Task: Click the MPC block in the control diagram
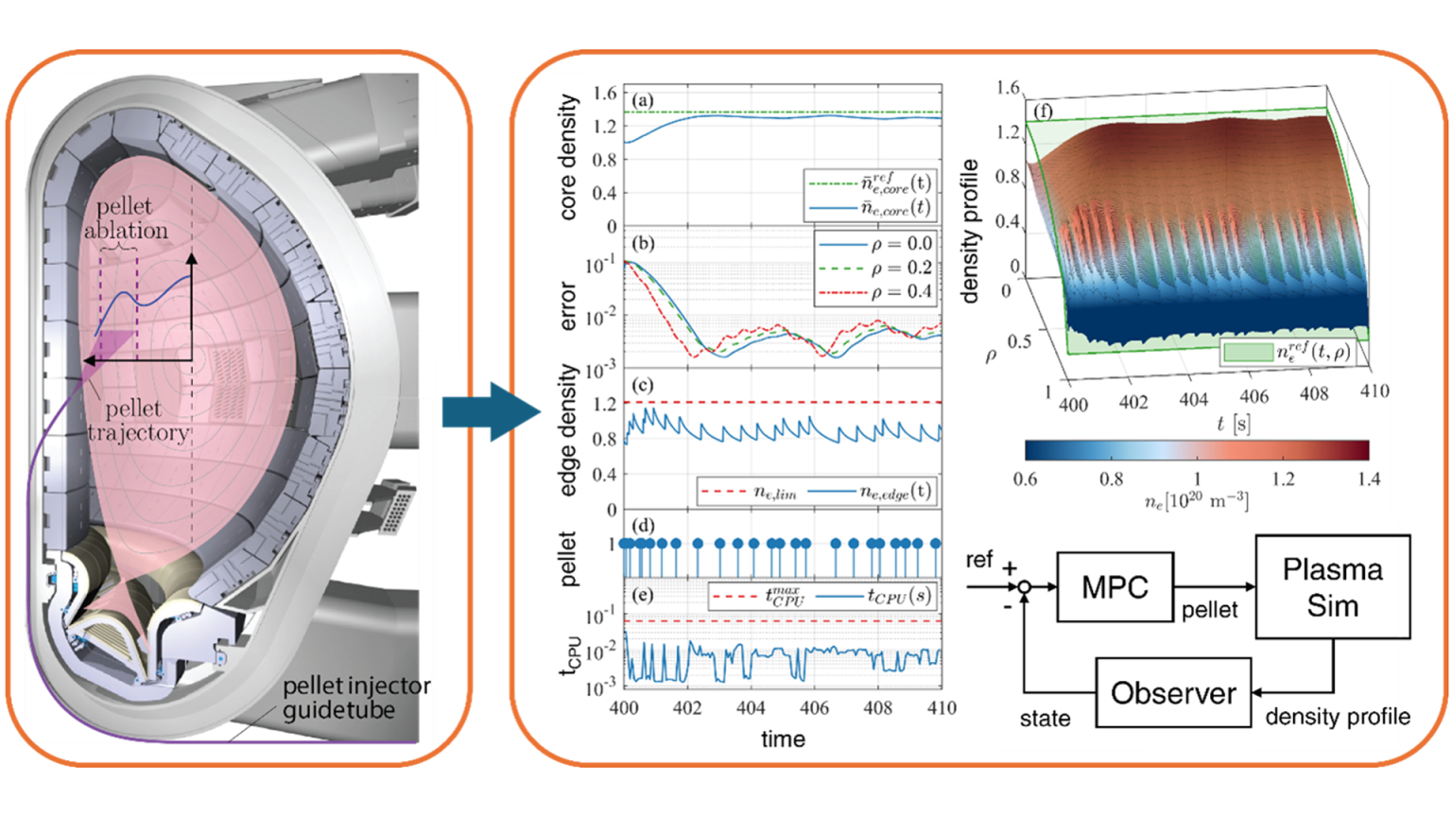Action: pyautogui.click(x=1115, y=587)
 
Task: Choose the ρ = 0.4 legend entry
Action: pyautogui.click(x=875, y=291)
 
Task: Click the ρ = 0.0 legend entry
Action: pyautogui.click(x=875, y=245)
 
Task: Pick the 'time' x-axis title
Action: pyautogui.click(x=784, y=739)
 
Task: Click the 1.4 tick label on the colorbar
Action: pyautogui.click(x=1367, y=478)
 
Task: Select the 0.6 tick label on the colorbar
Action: pyautogui.click(x=1025, y=478)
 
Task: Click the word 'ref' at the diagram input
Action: pyautogui.click(x=980, y=561)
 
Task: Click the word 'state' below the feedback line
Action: pyautogui.click(x=1045, y=720)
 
